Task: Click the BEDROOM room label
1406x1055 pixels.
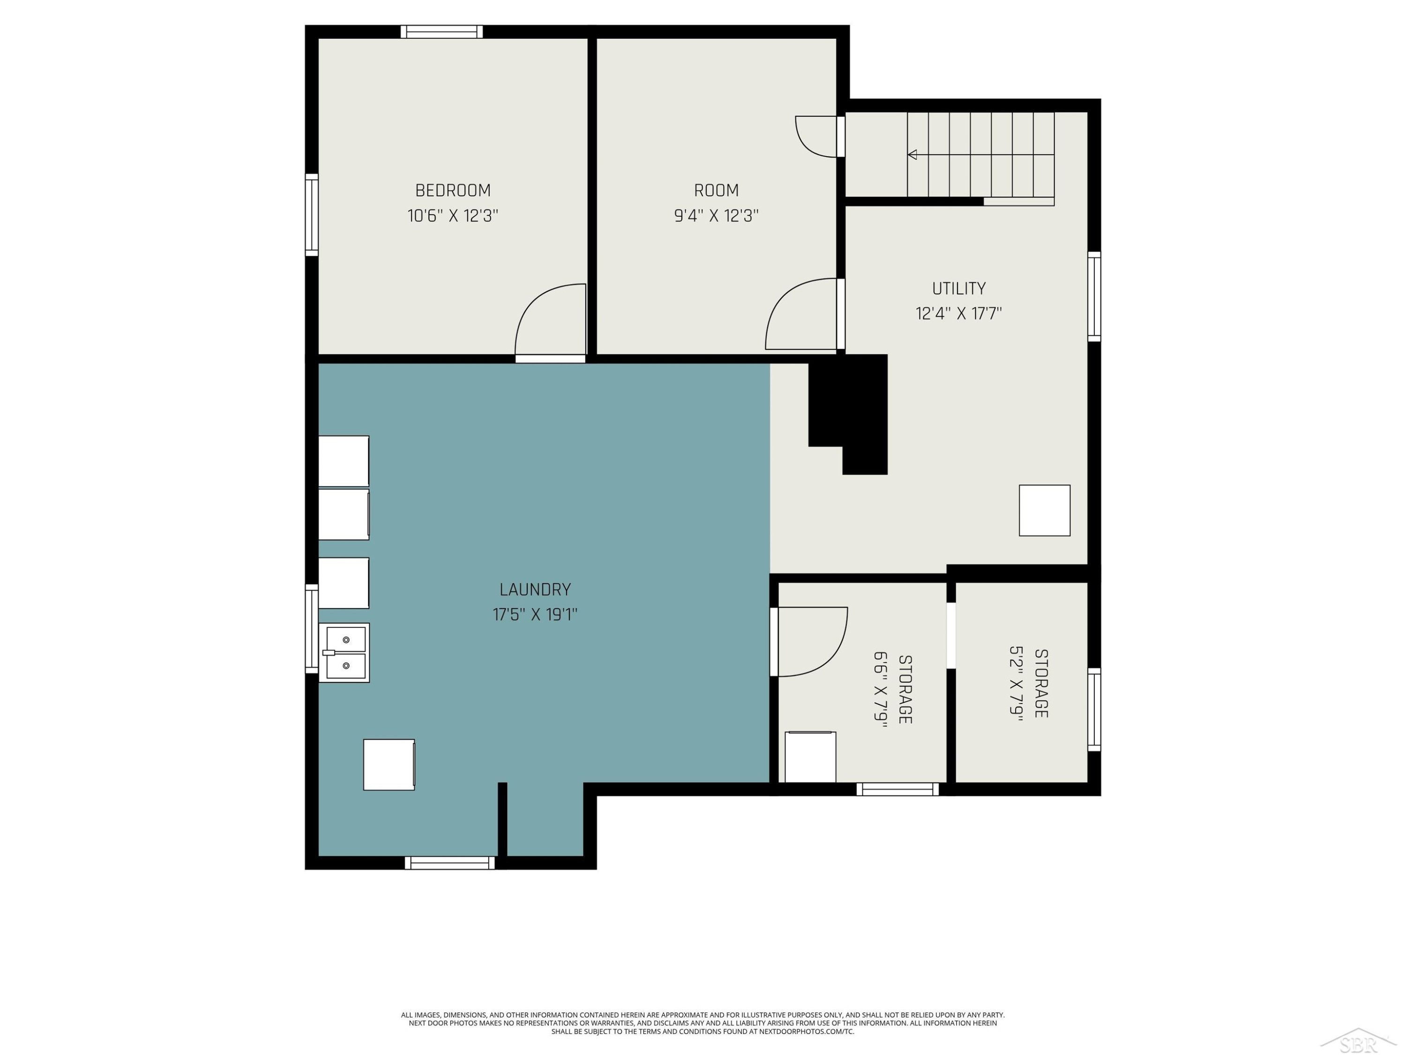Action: point(453,190)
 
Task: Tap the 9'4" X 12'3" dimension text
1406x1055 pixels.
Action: point(716,216)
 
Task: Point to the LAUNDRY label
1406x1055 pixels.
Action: point(535,589)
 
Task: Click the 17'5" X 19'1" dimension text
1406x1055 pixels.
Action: point(535,614)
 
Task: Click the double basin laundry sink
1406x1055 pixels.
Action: point(344,653)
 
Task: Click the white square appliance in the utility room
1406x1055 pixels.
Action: point(1044,511)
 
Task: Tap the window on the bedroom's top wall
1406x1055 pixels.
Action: point(442,32)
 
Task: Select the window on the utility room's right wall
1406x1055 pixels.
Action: point(1094,296)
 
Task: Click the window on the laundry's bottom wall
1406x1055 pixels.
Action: point(450,863)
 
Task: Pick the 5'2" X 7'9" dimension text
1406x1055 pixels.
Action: point(1017,684)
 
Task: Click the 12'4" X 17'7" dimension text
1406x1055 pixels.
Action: point(958,314)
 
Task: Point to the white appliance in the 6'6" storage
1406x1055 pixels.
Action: point(810,757)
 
